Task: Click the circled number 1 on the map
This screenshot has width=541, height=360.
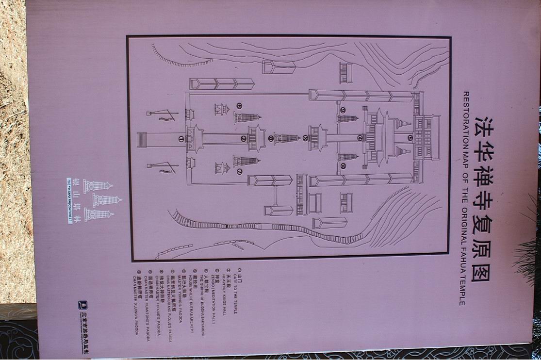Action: pyautogui.click(x=181, y=139)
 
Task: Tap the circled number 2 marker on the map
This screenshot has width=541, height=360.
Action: pyautogui.click(x=243, y=139)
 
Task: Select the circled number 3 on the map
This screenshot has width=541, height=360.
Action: pyautogui.click(x=305, y=138)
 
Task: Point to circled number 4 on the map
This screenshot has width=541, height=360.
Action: pyautogui.click(x=360, y=138)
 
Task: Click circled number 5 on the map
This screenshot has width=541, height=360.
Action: pyautogui.click(x=410, y=138)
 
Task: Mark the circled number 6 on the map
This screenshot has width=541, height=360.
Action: pyautogui.click(x=239, y=106)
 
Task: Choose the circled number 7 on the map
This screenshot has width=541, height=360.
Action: pyautogui.click(x=239, y=172)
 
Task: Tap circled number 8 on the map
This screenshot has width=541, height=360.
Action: pyautogui.click(x=270, y=138)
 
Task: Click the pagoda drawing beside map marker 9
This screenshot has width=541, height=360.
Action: pyautogui.click(x=347, y=118)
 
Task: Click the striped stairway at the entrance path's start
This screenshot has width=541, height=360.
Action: pyautogui.click(x=141, y=139)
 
